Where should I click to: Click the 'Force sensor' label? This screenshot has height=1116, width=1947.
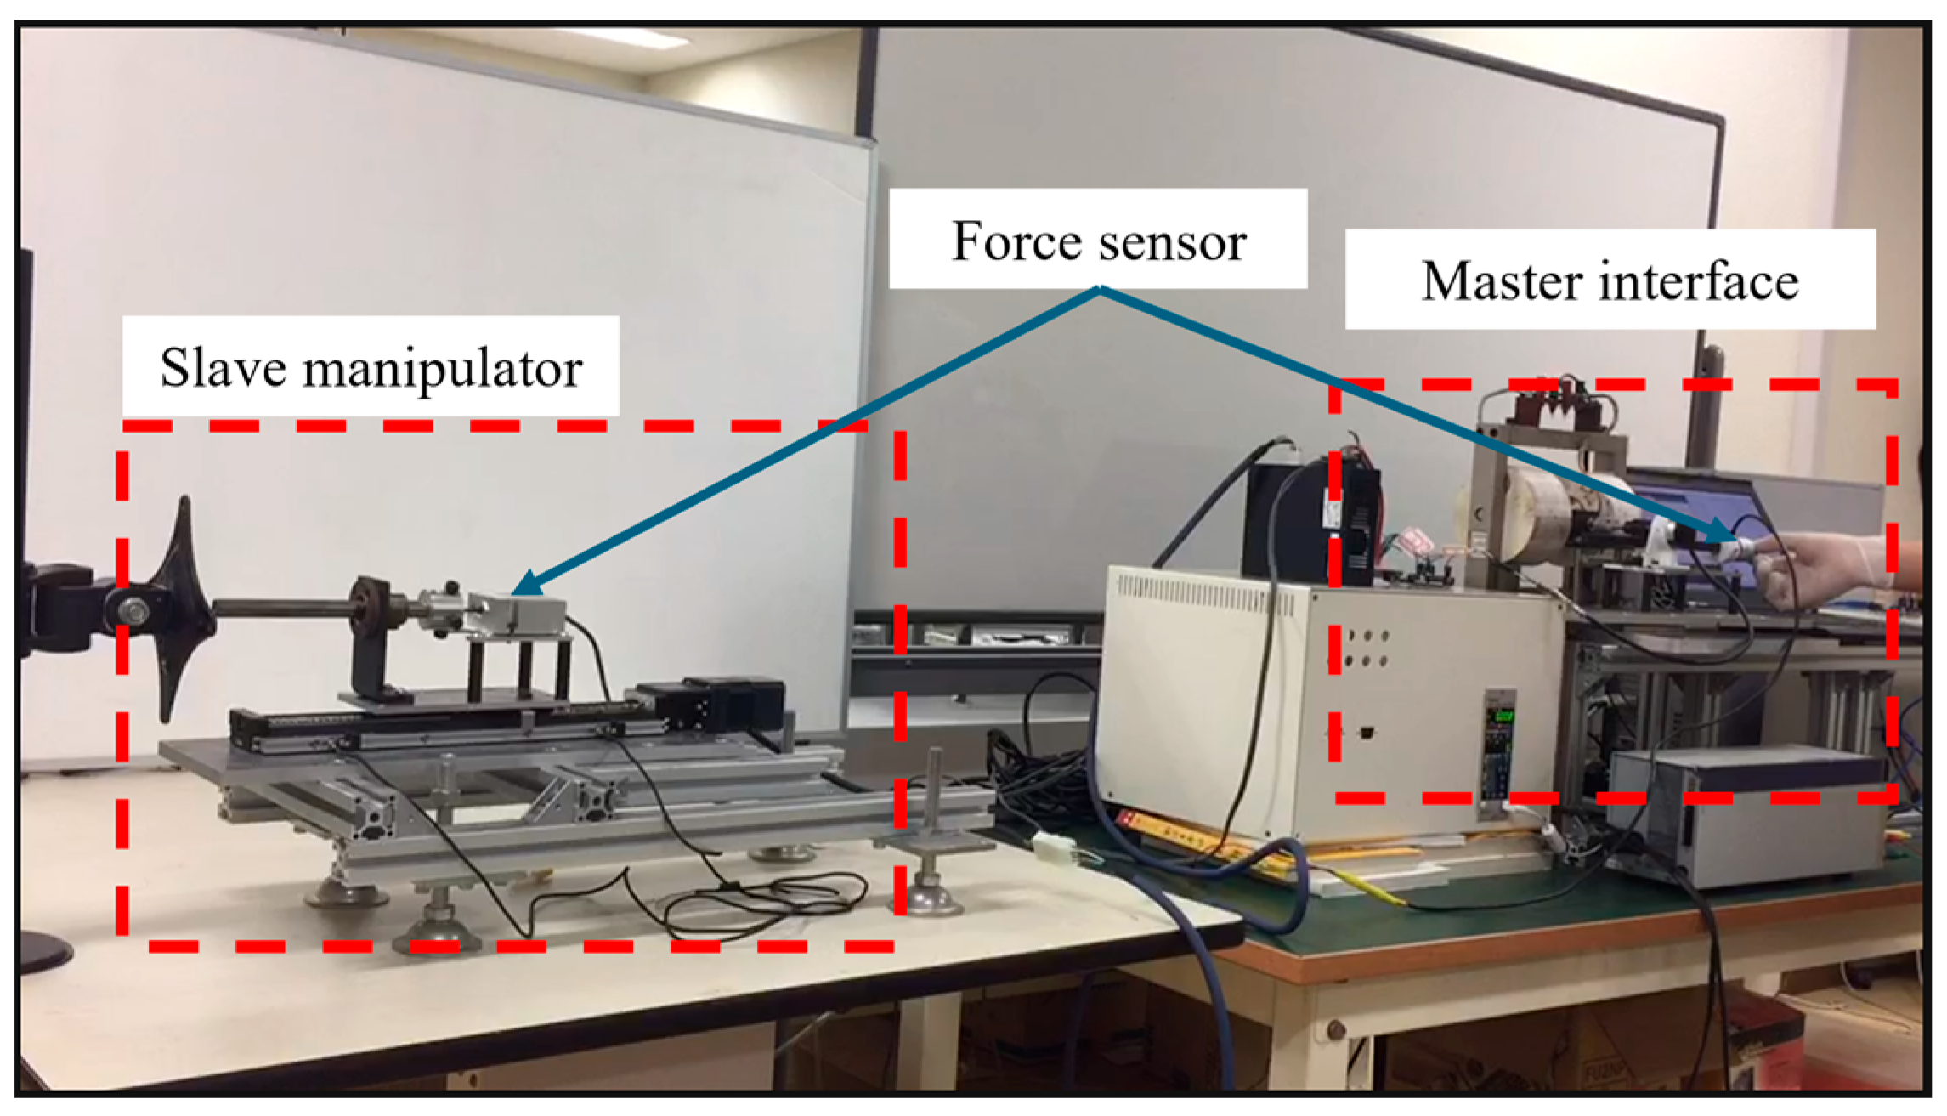1097,241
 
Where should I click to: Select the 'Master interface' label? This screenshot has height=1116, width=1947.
1610,280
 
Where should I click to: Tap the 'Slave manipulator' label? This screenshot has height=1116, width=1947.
371,367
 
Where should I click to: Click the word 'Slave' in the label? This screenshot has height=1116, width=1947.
224,367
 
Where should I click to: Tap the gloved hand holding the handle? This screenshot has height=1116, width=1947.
1819,565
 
